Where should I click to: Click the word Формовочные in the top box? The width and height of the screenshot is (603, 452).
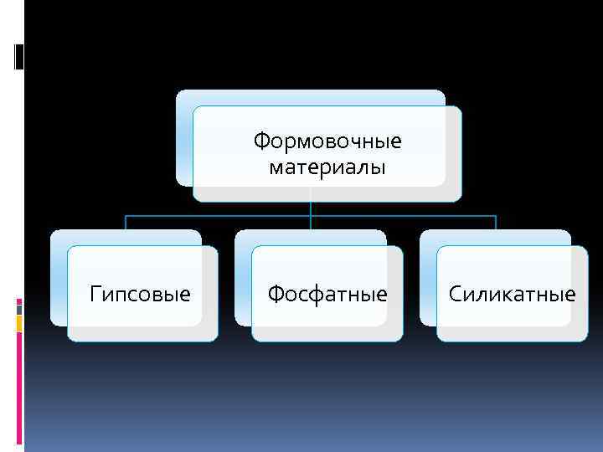(x=327, y=140)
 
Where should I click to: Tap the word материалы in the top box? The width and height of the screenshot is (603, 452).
(x=327, y=168)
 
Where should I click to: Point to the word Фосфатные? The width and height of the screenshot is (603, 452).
(x=327, y=295)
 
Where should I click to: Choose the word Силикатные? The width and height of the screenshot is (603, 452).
(x=512, y=295)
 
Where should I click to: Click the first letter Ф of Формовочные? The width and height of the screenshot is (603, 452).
(x=260, y=140)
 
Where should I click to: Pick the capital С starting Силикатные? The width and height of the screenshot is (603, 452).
(x=455, y=295)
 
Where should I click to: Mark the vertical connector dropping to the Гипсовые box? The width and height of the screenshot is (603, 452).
(x=126, y=223)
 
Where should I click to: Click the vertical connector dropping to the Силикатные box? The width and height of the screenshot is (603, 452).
(x=496, y=223)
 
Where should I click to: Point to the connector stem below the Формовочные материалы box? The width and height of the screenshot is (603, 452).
(x=311, y=208)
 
